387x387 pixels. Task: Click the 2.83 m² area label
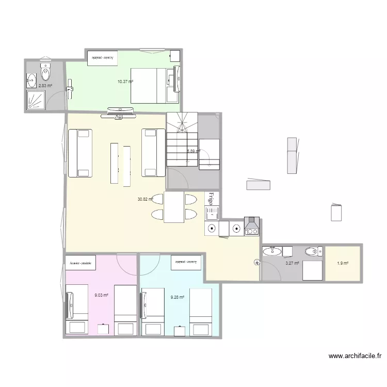click(x=45, y=86)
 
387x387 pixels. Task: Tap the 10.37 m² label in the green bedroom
click(x=125, y=82)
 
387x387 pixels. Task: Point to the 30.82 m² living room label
click(x=146, y=199)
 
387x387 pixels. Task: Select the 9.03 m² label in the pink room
click(x=101, y=295)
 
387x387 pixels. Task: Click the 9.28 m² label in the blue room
click(x=178, y=297)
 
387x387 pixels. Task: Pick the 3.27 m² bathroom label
click(x=292, y=263)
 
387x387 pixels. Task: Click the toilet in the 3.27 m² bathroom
click(x=312, y=251)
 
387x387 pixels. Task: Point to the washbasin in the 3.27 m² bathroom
click(x=272, y=251)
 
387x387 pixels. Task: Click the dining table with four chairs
click(x=174, y=207)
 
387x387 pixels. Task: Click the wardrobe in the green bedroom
click(x=103, y=57)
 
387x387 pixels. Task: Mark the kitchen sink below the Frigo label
click(x=211, y=212)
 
